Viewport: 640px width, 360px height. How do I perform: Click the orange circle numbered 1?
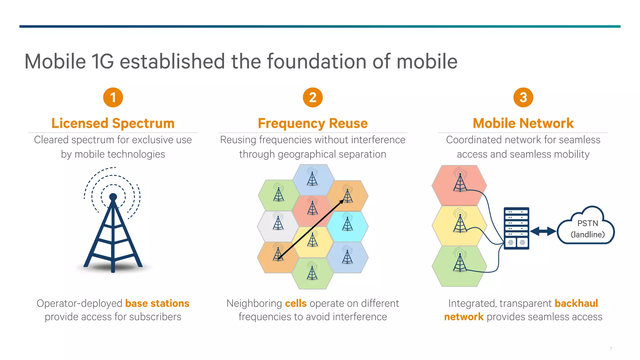click(x=113, y=97)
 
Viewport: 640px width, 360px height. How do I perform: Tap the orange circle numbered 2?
click(x=312, y=97)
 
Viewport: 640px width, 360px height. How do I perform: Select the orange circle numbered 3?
click(x=523, y=97)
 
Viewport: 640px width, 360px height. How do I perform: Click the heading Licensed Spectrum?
click(x=113, y=123)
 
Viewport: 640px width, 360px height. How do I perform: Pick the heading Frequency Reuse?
click(x=312, y=123)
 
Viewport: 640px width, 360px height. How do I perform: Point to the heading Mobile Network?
click(x=523, y=123)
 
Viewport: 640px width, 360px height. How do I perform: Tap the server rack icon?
click(x=516, y=228)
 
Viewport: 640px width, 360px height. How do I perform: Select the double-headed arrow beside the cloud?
click(x=543, y=232)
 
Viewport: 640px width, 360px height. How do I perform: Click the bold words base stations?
click(x=157, y=303)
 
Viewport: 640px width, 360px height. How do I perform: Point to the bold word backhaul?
click(x=576, y=303)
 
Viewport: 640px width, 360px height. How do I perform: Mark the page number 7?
click(x=611, y=348)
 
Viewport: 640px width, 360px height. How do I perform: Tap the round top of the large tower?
click(x=113, y=197)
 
